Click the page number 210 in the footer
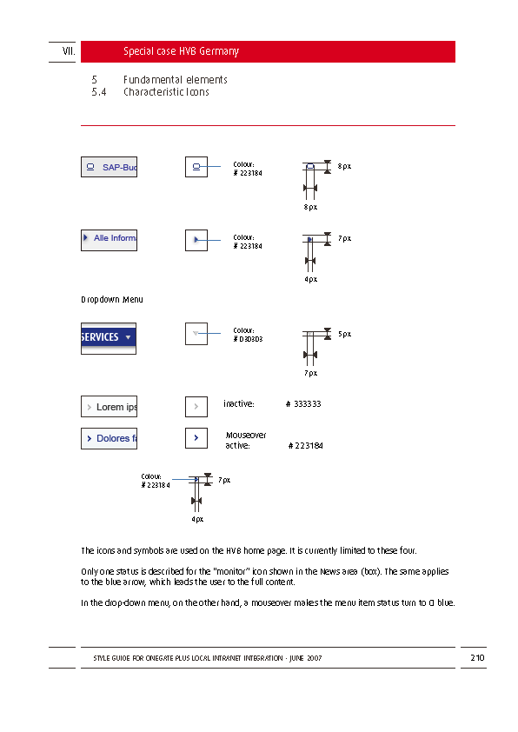pyautogui.click(x=477, y=658)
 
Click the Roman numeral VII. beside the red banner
pyautogui.click(x=69, y=51)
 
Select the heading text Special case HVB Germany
pyautogui.click(x=181, y=51)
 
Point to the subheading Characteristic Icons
pyautogui.click(x=166, y=92)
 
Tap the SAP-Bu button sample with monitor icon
pyautogui.click(x=109, y=167)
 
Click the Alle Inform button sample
pyautogui.click(x=109, y=241)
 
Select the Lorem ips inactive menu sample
pyautogui.click(x=109, y=407)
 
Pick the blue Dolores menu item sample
pyautogui.click(x=109, y=438)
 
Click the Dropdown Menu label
pyautogui.click(x=112, y=300)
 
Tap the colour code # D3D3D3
pyautogui.click(x=248, y=339)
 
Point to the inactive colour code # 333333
pyautogui.click(x=303, y=403)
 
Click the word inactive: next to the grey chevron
pyautogui.click(x=238, y=403)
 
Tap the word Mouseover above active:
pyautogui.click(x=246, y=435)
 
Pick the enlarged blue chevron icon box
pyautogui.click(x=196, y=438)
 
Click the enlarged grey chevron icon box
pyautogui.click(x=196, y=407)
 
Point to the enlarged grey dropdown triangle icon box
pyautogui.click(x=196, y=334)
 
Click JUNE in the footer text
pyautogui.click(x=296, y=658)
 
